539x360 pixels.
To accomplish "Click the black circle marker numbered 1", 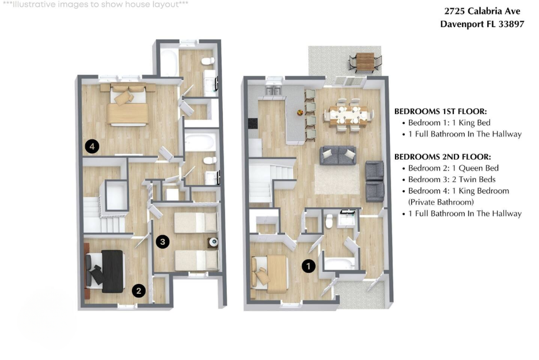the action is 308,266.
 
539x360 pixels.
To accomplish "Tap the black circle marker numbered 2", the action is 139,291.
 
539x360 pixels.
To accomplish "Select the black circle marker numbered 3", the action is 162,242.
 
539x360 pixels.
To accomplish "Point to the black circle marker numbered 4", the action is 92,146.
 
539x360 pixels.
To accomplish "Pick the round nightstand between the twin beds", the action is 214,242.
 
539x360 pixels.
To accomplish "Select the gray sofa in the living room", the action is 338,156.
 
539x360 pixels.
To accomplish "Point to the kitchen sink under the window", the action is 274,90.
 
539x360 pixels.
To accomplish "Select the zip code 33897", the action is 511,24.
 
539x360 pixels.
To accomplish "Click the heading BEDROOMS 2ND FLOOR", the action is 443,157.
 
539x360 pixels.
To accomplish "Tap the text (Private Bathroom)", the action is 441,202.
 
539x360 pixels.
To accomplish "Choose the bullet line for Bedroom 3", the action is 449,180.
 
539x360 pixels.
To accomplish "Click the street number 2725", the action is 454,11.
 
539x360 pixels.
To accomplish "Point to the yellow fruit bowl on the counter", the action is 300,112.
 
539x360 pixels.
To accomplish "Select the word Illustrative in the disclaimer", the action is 33,5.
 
